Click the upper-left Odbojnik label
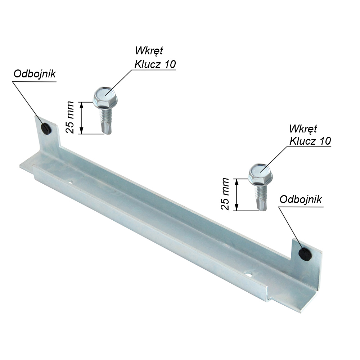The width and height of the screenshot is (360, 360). pyautogui.click(x=35, y=74)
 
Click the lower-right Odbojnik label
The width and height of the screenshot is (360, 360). pyautogui.click(x=301, y=199)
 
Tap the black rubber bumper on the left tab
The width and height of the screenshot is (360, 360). pyautogui.click(x=46, y=129)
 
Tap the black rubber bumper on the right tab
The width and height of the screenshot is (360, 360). pyautogui.click(x=305, y=254)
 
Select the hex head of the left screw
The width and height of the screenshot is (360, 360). pyautogui.click(x=105, y=98)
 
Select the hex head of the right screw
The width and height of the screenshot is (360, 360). pyautogui.click(x=260, y=175)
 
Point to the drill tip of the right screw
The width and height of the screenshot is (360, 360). pyautogui.click(x=262, y=208)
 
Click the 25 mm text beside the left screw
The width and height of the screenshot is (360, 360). pyautogui.click(x=70, y=117)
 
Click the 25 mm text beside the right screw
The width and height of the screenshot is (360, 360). pyautogui.click(x=225, y=194)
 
